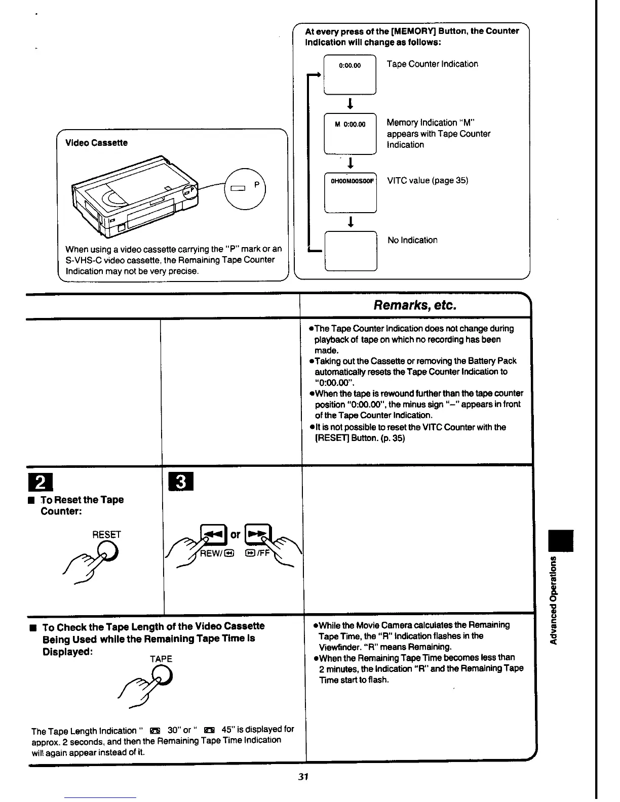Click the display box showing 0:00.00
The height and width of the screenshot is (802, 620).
[350, 74]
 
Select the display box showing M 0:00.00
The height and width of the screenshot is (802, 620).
[350, 134]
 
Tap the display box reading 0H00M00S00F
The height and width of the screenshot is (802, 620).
[351, 193]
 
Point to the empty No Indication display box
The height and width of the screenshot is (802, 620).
[351, 251]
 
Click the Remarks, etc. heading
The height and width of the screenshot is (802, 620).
[415, 305]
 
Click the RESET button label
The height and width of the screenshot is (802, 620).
[106, 535]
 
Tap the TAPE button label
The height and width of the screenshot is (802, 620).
[161, 659]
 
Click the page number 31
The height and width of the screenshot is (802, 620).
[303, 777]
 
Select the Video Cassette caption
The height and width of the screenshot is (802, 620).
[96, 143]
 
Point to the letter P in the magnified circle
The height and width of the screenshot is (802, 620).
[257, 185]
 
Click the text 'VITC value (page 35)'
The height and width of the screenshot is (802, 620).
[428, 180]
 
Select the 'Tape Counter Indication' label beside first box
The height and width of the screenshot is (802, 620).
[432, 64]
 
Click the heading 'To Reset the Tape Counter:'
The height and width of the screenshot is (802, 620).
[82, 505]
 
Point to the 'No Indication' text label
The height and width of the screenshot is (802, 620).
[412, 240]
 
